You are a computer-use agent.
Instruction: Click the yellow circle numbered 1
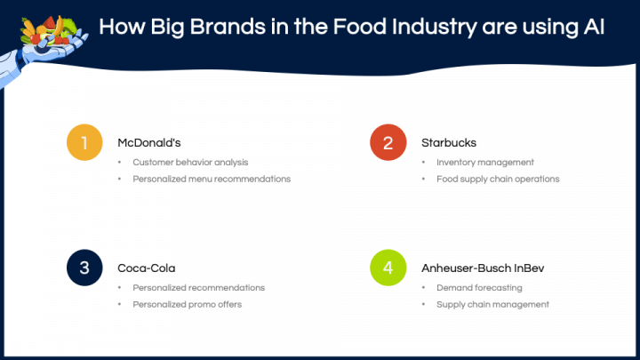[84, 142]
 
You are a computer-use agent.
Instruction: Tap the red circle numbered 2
[388, 142]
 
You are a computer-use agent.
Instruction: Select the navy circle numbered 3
[84, 268]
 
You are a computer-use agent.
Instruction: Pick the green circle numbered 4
[388, 268]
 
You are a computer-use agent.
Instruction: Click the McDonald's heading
[149, 143]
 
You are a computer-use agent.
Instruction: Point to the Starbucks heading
[449, 143]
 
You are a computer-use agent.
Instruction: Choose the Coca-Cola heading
[147, 268]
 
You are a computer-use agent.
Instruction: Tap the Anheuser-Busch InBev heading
[483, 268]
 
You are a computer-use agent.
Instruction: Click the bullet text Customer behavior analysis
[190, 163]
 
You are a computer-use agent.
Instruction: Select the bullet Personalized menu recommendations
[212, 180]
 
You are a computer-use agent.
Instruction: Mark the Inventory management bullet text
[485, 163]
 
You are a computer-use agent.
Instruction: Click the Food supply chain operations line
[498, 180]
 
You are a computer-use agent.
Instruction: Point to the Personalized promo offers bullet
[187, 305]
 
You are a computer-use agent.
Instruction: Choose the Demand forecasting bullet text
[479, 288]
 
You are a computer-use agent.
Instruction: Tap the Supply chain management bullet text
[492, 305]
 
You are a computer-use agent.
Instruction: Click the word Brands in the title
[228, 27]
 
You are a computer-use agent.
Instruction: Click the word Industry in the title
[435, 28]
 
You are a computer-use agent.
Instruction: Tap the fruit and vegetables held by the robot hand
[48, 30]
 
